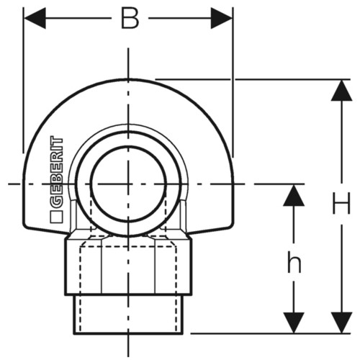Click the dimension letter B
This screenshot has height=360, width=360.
(130, 19)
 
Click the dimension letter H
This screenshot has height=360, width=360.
(341, 204)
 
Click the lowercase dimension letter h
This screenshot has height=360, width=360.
(294, 264)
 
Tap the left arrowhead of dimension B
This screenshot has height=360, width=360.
(35, 18)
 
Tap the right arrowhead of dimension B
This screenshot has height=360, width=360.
(222, 18)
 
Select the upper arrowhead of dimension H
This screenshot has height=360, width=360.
(341, 90)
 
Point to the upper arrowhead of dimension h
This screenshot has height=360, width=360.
(294, 195)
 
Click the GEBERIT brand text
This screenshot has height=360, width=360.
(56, 171)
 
